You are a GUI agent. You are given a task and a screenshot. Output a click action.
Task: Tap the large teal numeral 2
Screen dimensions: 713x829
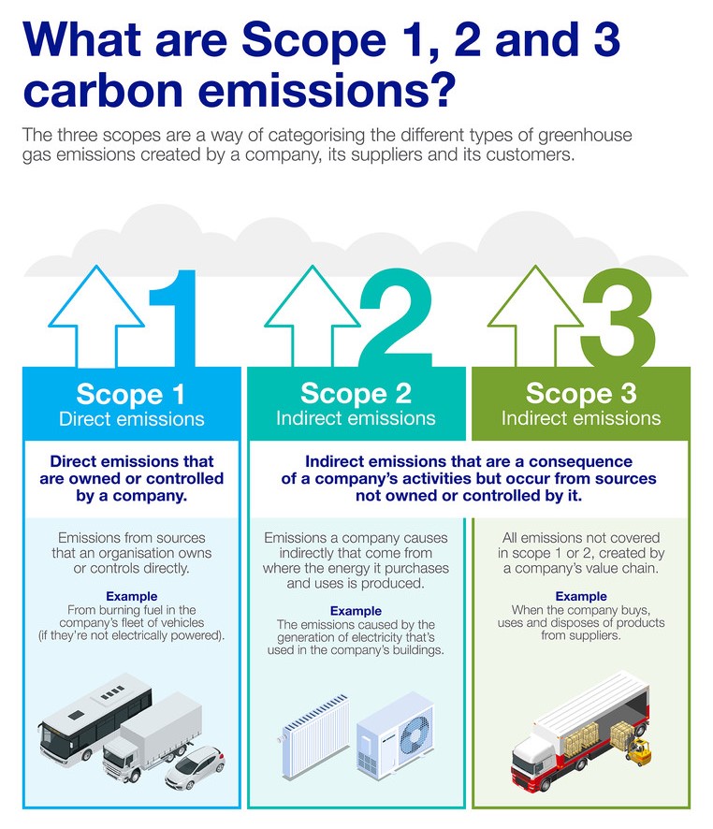coord(396,318)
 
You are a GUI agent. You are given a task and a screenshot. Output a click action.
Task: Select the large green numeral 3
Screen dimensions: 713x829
coord(618,318)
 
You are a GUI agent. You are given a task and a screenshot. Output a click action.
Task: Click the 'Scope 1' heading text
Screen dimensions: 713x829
coord(131,394)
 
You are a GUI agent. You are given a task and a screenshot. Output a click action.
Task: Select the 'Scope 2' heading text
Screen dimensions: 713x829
coord(356,393)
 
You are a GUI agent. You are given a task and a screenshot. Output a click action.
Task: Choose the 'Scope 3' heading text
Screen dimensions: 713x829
coord(581,393)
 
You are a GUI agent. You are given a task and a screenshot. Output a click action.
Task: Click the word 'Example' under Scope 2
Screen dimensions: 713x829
coord(356,611)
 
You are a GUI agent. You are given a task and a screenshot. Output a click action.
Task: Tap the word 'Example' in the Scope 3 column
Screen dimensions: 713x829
coord(581,596)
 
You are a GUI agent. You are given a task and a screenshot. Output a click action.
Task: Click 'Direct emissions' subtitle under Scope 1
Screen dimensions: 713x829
coord(131,419)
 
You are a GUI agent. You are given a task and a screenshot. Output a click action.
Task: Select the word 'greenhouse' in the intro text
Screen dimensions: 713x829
coord(585,136)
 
